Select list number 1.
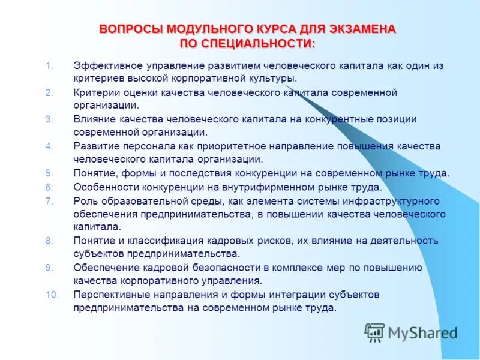pos(50,65)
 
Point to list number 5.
pos(49,173)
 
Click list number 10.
pos(52,294)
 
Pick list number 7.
pos(50,200)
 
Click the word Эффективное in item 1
pos(103,65)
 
